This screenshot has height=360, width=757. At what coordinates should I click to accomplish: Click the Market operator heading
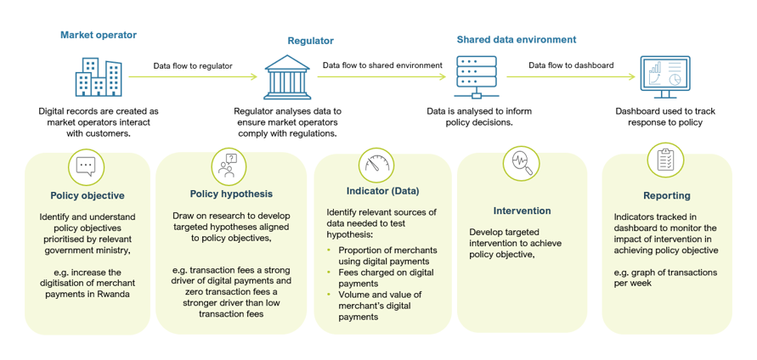click(98, 35)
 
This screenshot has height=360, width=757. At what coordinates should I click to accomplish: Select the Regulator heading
click(310, 40)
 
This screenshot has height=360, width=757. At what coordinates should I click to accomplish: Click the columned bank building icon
click(287, 77)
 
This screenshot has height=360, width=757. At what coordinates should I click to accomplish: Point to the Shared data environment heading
click(516, 39)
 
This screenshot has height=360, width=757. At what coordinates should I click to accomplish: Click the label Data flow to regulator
click(192, 65)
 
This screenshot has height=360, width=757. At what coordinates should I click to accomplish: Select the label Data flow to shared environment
click(382, 65)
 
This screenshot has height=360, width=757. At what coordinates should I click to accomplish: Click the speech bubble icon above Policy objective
click(85, 166)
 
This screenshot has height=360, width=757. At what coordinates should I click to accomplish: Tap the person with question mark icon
click(228, 165)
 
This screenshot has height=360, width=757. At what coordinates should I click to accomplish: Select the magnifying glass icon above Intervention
click(521, 164)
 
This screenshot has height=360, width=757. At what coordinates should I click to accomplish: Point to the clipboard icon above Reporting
click(665, 160)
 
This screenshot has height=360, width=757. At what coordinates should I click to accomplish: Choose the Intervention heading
click(522, 211)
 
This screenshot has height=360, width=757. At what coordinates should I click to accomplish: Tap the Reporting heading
click(666, 195)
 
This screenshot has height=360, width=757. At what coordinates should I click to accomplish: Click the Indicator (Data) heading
click(382, 190)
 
